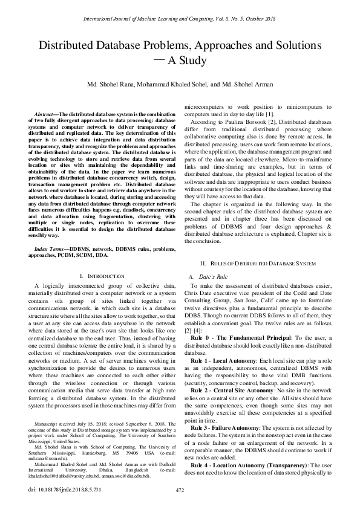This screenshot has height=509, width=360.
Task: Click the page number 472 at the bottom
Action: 180,489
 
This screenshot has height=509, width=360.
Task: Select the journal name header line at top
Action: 180,19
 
